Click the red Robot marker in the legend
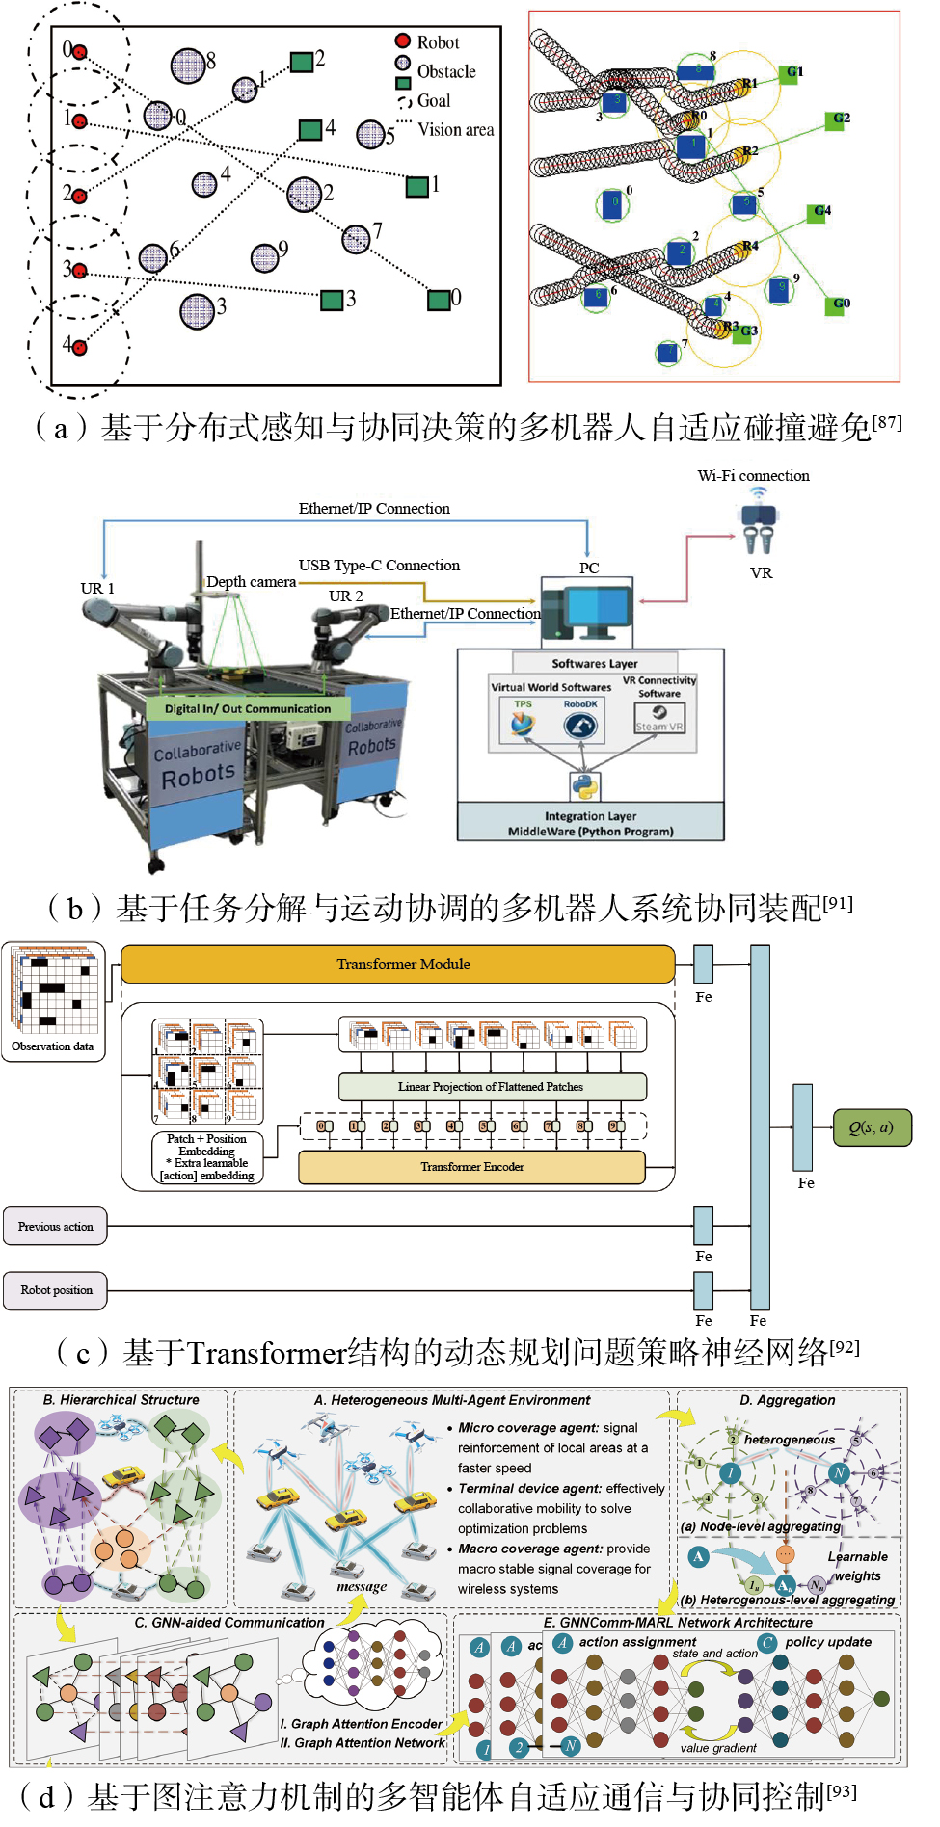[403, 40]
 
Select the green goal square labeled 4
[309, 129]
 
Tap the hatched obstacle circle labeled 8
[188, 66]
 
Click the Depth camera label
[251, 582]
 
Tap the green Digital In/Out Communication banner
[247, 708]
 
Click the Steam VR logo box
[659, 718]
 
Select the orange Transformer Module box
[398, 965]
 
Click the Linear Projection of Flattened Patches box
[492, 1087]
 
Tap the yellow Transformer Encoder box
[471, 1167]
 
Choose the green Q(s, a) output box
[872, 1127]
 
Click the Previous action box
[55, 1227]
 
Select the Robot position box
[56, 1290]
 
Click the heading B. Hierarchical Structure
[121, 1400]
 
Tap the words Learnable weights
[857, 1566]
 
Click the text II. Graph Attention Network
[363, 1743]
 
